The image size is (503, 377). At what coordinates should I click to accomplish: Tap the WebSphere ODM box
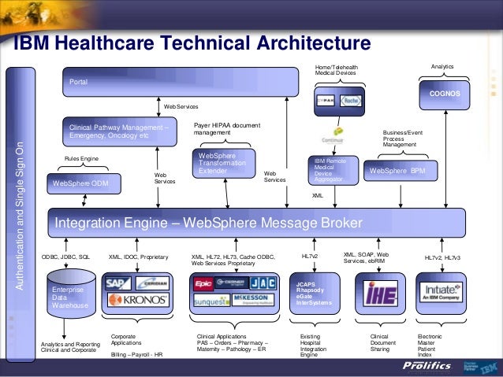pyautogui.click(x=84, y=183)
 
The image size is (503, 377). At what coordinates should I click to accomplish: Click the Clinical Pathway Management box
pyautogui.click(x=120, y=131)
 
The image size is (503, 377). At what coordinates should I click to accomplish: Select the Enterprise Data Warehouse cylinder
pyautogui.click(x=70, y=295)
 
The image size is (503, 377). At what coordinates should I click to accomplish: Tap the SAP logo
pyautogui.click(x=119, y=283)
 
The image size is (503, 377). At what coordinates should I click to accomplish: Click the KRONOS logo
pyautogui.click(x=137, y=300)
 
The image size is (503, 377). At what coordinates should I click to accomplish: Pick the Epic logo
pyautogui.click(x=203, y=283)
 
